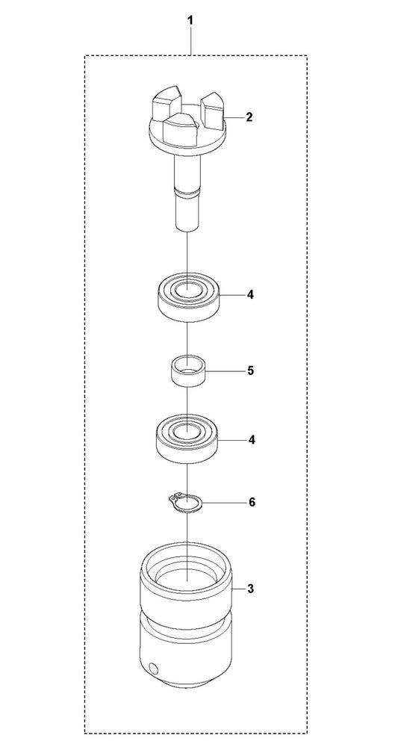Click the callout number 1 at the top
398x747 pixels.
pyautogui.click(x=190, y=21)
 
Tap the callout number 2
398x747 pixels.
pyautogui.click(x=249, y=117)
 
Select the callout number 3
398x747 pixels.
pyautogui.click(x=250, y=589)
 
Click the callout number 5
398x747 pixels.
pyautogui.click(x=250, y=371)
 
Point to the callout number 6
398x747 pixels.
pyautogui.click(x=252, y=502)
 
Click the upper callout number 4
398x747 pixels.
pyautogui.click(x=250, y=295)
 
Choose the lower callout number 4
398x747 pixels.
pyautogui.click(x=251, y=439)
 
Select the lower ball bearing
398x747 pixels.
pyautogui.click(x=188, y=438)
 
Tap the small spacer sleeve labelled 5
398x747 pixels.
pyautogui.click(x=187, y=371)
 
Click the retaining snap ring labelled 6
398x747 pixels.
pyautogui.click(x=186, y=503)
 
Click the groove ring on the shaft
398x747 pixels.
pyautogui.click(x=187, y=191)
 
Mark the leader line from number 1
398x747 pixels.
pyautogui.click(x=191, y=42)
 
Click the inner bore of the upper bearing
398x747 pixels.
pyautogui.click(x=187, y=289)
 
